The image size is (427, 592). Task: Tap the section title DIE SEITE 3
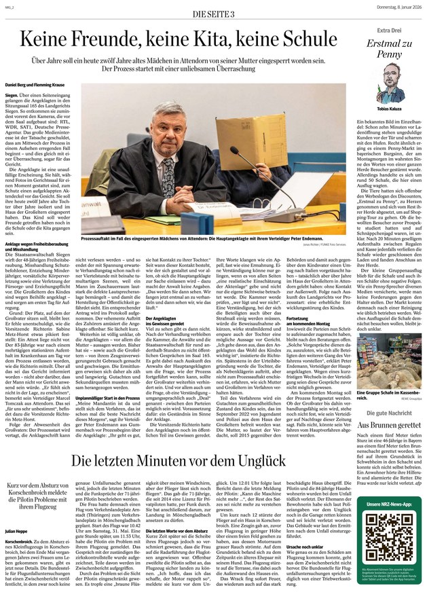pos(215,14)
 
